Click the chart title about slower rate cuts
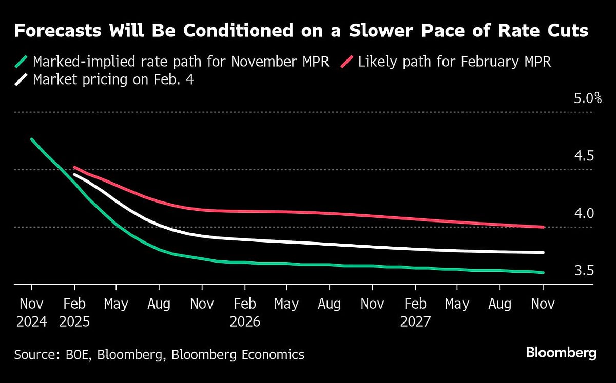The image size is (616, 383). [301, 31]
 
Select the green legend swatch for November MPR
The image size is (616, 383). [21, 63]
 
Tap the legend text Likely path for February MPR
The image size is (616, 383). [454, 62]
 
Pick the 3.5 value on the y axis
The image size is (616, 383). [583, 271]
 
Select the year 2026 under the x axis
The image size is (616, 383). [245, 322]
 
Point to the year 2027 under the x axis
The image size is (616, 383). [415, 322]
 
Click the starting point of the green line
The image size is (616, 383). [31, 139]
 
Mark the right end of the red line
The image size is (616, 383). [543, 227]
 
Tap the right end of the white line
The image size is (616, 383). [543, 252]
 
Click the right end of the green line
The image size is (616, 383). [543, 273]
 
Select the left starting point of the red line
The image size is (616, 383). [74, 167]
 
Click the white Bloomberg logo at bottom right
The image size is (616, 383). [561, 353]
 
